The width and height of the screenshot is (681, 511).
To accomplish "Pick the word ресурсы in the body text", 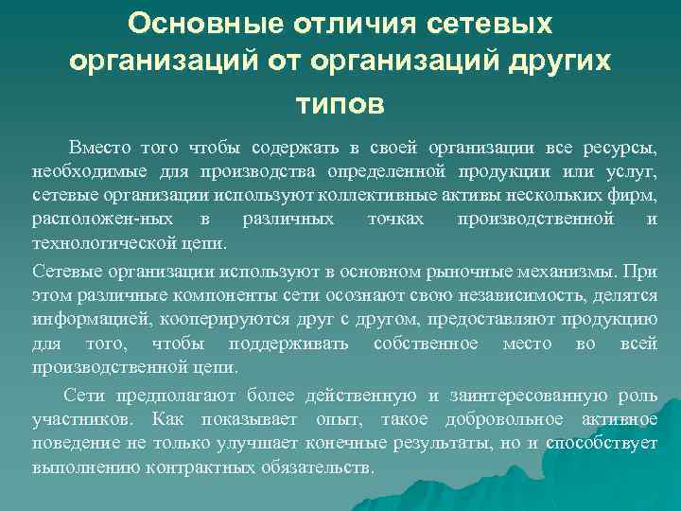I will click(621, 148).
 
